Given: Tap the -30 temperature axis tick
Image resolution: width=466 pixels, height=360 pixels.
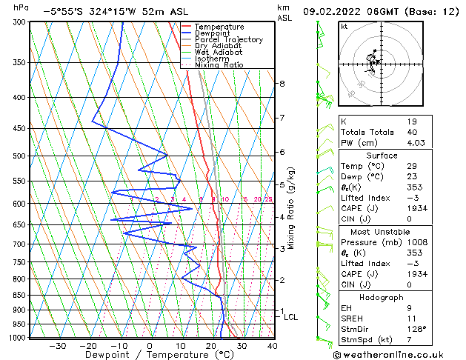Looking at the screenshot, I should tap(57, 345).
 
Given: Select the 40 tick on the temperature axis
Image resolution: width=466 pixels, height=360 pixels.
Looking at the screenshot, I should tap(272, 345).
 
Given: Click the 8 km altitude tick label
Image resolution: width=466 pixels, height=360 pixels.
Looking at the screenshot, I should tap(282, 84).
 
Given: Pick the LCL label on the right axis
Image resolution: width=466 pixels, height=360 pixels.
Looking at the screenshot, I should tap(291, 317).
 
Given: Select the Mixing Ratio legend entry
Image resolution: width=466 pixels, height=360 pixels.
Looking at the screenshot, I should tap(219, 65).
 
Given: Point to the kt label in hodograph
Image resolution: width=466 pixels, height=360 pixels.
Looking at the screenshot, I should tap(344, 27).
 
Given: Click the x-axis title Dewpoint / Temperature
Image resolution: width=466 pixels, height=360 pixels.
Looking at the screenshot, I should tap(150, 355).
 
